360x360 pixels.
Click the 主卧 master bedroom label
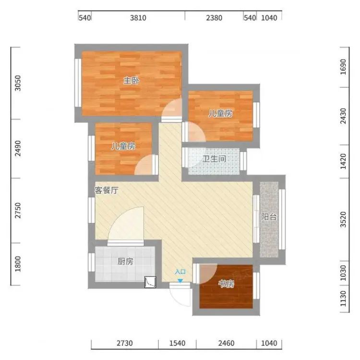132,81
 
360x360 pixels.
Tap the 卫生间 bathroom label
214,159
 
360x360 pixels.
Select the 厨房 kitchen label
125,261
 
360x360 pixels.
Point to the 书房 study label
227,284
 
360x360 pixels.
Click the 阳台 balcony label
269,217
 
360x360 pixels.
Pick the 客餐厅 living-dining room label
107,190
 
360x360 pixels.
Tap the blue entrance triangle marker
180,281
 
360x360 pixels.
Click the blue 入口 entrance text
180,272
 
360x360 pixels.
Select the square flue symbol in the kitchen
150,282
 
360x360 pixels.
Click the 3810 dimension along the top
138,18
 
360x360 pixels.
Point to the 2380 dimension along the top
214,18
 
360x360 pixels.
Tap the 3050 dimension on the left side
17,83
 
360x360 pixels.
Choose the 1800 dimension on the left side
17,264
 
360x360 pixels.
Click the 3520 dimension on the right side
343,219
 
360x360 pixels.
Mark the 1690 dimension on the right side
343,67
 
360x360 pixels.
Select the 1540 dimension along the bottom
177,343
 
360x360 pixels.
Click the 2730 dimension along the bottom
125,343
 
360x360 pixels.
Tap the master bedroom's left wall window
78,83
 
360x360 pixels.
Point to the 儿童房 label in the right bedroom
220,113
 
